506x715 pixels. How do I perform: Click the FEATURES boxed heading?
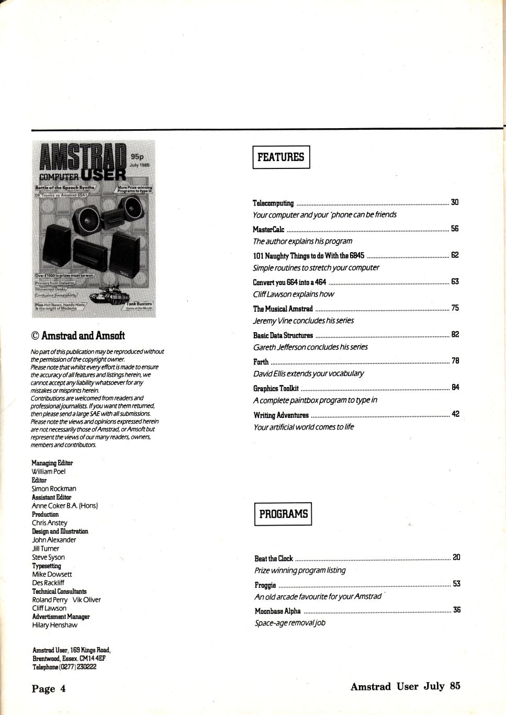coord(281,157)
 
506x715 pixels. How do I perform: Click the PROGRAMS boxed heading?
coord(283,514)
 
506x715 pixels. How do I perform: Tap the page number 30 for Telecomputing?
coord(455,202)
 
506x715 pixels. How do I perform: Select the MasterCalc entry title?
coord(268,229)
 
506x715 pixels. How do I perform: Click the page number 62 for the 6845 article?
coord(455,255)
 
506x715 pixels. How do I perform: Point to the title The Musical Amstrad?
coord(283,309)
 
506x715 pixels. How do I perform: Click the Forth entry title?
coord(261,361)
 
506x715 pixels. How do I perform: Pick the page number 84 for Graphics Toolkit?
coord(455,388)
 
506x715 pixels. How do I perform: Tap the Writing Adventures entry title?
coord(281,415)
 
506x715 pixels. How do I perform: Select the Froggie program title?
coord(265,585)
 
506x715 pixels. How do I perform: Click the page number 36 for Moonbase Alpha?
coord(457,610)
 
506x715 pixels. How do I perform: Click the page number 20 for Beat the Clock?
coord(456,558)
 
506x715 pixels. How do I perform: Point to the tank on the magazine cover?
coord(109,297)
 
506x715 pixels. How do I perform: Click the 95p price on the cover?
coord(138,156)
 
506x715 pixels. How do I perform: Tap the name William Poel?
coord(49,471)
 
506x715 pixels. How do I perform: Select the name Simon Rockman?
coord(54,489)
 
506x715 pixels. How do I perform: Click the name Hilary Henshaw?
coord(55,625)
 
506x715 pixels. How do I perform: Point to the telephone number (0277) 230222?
coord(80,667)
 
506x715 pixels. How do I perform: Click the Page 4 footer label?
coord(49,688)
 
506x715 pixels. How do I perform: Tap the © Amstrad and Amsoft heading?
coord(78,336)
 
